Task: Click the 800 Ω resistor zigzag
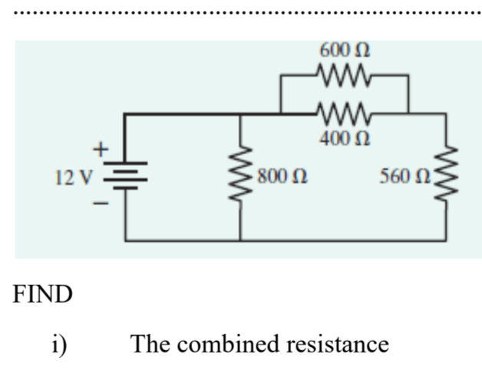coord(241,177)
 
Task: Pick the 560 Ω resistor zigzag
coord(446,177)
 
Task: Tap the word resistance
coord(337,343)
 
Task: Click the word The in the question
coord(150,343)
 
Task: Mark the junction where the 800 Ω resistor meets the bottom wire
coord(241,240)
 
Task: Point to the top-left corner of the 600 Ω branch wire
coord(282,76)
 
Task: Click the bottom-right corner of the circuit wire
coord(446,240)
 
